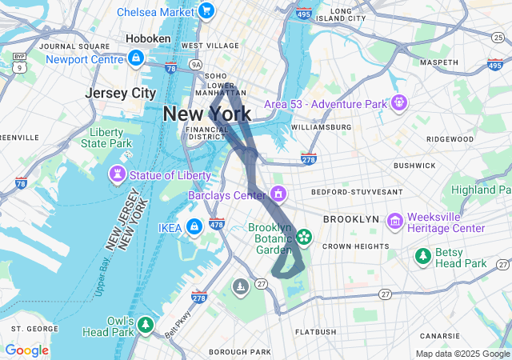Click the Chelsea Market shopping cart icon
[x=206, y=11]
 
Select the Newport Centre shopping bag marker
[x=137, y=58]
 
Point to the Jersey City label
[x=120, y=93]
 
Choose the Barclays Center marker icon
[x=278, y=194]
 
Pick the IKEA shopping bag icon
[x=194, y=228]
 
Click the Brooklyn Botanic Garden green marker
[x=304, y=237]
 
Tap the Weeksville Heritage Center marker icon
[x=394, y=221]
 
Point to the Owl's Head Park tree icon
[x=145, y=325]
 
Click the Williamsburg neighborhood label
[x=321, y=126]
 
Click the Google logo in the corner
[x=27, y=350]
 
